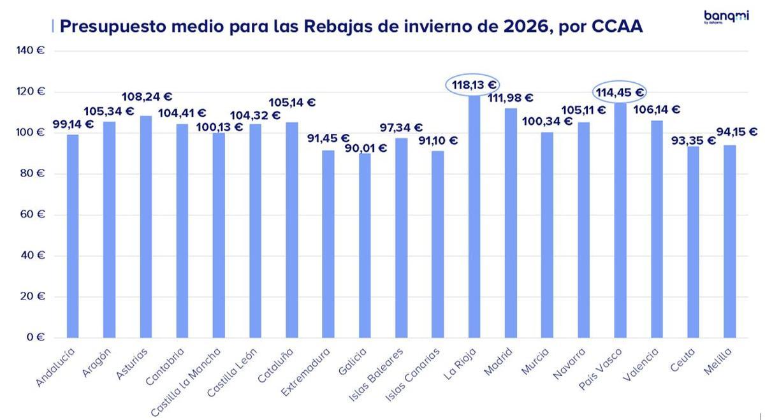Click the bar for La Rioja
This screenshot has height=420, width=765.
point(474,217)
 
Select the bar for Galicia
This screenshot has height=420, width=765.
point(364,245)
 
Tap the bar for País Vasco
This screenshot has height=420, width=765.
point(620,220)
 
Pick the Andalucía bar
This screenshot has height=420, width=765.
point(73,236)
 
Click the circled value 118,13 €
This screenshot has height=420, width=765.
point(474,85)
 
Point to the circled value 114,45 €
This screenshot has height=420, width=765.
point(619,92)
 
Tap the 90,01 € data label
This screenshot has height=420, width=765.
point(365,148)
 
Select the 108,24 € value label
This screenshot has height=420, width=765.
point(146,97)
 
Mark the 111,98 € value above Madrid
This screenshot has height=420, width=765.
point(510,98)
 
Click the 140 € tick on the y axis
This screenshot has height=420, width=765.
point(31,50)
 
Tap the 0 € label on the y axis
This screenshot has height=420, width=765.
point(36,337)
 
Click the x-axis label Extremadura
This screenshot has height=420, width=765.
point(306,372)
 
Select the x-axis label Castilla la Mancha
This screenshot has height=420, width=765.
point(186,382)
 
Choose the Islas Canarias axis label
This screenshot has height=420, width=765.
point(413,375)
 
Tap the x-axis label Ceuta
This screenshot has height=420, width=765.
point(683,359)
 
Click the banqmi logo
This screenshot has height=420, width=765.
point(726,17)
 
